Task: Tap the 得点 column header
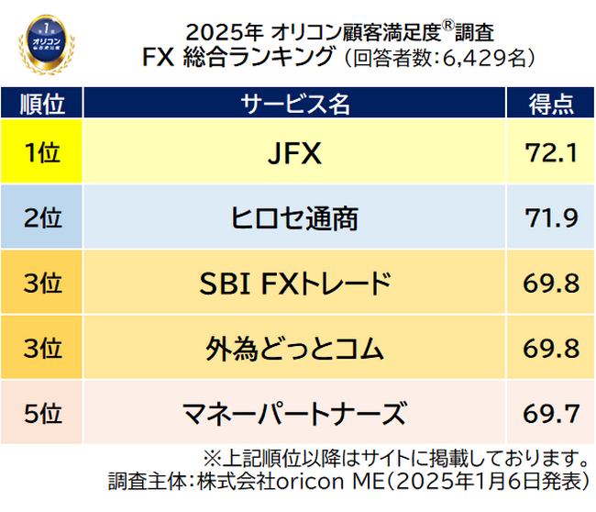(551, 104)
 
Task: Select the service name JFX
(295, 152)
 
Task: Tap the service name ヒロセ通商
(295, 218)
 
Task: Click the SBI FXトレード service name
(295, 284)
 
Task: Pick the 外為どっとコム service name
(295, 349)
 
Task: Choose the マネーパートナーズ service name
(295, 414)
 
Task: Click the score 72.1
(551, 152)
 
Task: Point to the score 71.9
(551, 218)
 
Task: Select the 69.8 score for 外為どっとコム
(551, 349)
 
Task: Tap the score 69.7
(551, 414)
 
